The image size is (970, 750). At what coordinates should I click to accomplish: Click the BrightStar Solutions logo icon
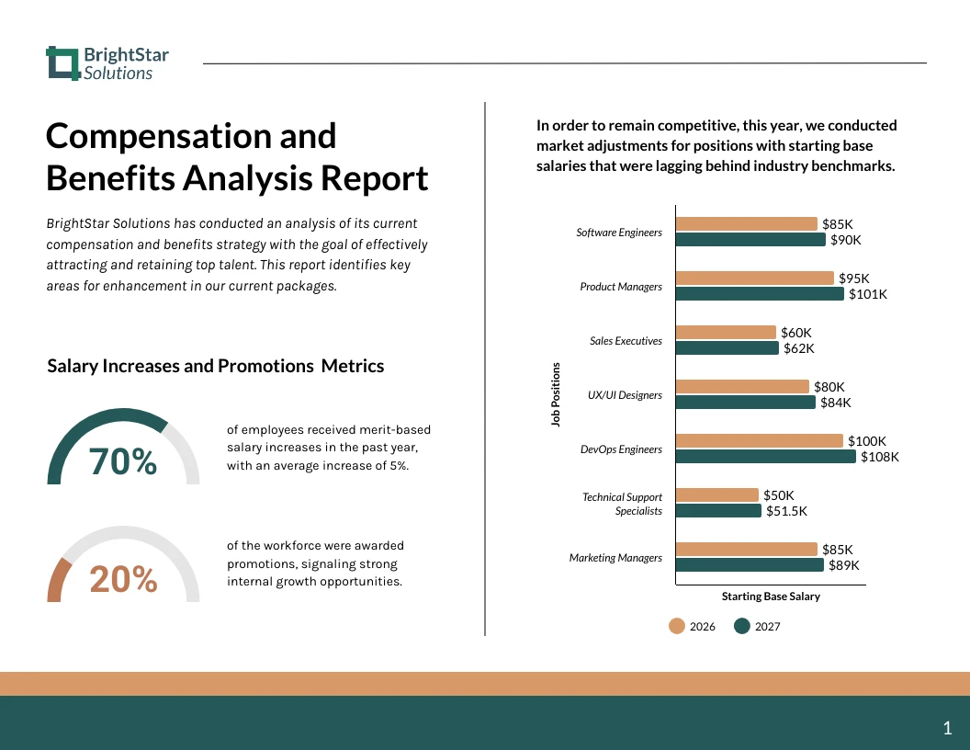[x=62, y=63]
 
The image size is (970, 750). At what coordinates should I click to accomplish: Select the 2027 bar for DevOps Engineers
[x=765, y=457]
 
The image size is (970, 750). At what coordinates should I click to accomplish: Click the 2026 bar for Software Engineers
[x=746, y=223]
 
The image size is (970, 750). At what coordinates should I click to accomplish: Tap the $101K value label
[x=868, y=294]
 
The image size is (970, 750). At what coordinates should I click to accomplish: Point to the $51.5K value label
[x=786, y=511]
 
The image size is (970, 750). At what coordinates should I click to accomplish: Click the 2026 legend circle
[x=677, y=626]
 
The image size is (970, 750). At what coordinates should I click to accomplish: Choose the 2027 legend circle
[x=742, y=626]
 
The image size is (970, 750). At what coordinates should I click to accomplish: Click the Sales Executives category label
[x=626, y=341]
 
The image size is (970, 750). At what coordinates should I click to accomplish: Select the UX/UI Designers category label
[x=625, y=395]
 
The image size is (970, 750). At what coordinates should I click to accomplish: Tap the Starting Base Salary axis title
[x=771, y=597]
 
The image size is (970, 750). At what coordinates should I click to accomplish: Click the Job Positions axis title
[x=556, y=394]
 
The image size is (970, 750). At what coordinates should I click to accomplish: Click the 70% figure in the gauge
[x=123, y=462]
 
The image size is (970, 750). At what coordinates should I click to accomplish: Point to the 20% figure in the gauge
[x=123, y=579]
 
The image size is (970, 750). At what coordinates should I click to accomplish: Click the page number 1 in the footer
[x=947, y=729]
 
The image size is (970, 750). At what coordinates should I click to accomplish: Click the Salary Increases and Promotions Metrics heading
[x=215, y=366]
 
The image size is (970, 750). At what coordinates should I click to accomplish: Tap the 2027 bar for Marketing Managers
[x=750, y=565]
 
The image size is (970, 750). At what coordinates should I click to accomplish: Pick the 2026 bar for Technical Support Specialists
[x=716, y=494]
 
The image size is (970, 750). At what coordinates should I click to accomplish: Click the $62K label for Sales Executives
[x=798, y=348]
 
